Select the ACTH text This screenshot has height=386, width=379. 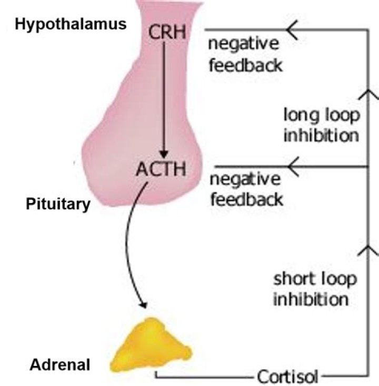click(161, 171)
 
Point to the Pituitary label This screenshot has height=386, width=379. click(58, 204)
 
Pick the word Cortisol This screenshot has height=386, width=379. click(287, 377)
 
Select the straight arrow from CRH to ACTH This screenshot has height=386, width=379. click(165, 100)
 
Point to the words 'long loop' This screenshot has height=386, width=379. click(321, 114)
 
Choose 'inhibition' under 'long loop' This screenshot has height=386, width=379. click(321, 135)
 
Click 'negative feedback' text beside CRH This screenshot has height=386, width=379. click(245, 55)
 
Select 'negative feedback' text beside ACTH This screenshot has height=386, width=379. click(245, 189)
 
